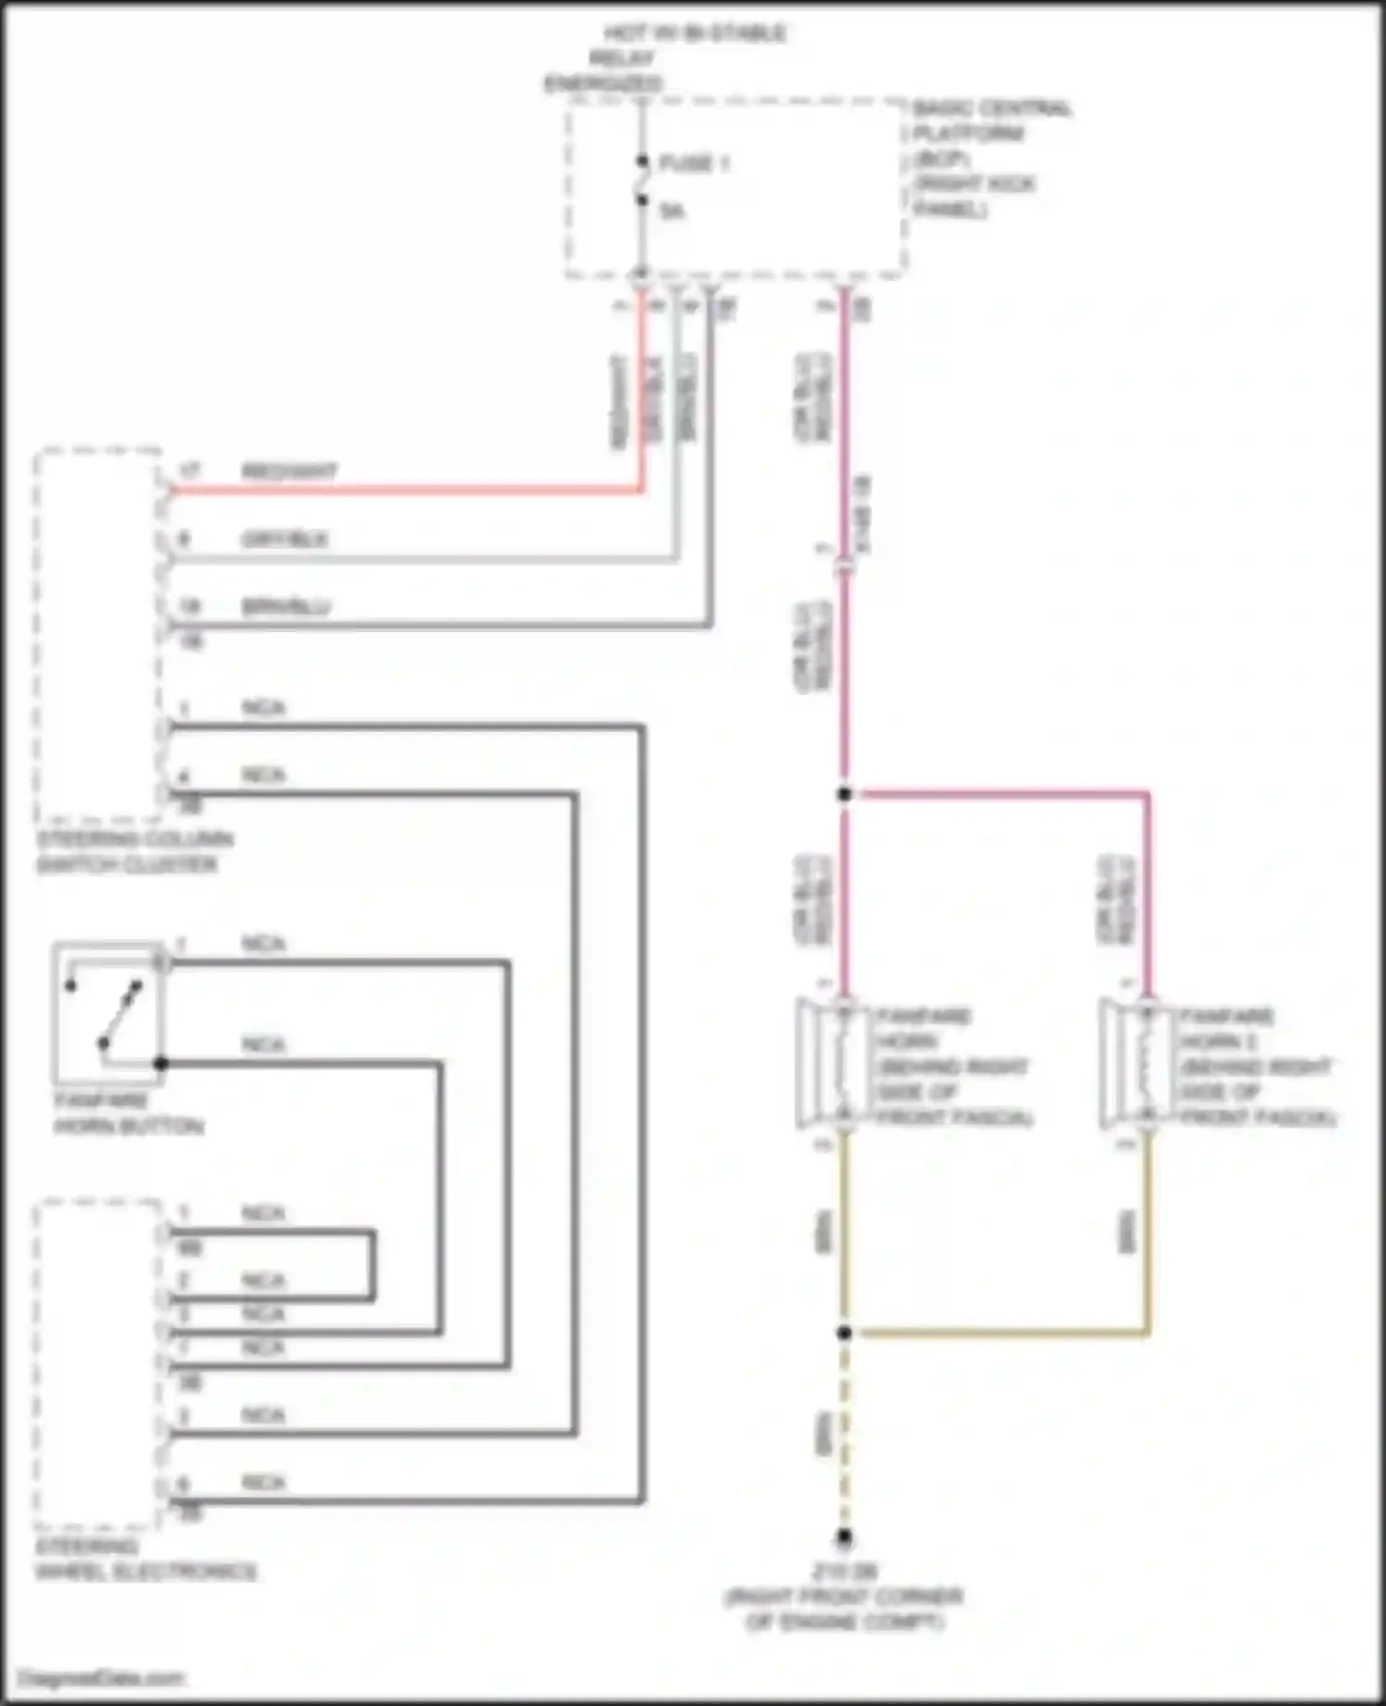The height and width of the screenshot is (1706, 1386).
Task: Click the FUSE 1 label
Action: pyautogui.click(x=694, y=165)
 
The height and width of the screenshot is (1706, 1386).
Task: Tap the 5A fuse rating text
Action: pyautogui.click(x=673, y=212)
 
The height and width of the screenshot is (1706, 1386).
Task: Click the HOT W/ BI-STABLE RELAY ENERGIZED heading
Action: pyautogui.click(x=665, y=58)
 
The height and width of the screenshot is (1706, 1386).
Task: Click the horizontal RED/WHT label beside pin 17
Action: pyautogui.click(x=289, y=471)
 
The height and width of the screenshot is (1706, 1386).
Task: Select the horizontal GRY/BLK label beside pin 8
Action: pyautogui.click(x=285, y=539)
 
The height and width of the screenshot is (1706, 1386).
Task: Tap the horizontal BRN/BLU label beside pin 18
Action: pyautogui.click(x=286, y=607)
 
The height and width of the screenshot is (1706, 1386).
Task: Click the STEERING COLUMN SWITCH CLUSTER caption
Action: pyautogui.click(x=134, y=852)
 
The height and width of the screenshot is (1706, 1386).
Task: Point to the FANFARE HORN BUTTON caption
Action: pyautogui.click(x=128, y=1114)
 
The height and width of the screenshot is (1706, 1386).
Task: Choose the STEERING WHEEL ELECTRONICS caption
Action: pyautogui.click(x=145, y=1559)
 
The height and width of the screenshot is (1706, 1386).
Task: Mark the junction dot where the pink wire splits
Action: pyautogui.click(x=844, y=794)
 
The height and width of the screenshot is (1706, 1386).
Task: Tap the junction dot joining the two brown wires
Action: pyautogui.click(x=844, y=1333)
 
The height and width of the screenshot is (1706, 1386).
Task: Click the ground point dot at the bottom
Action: pyautogui.click(x=844, y=1538)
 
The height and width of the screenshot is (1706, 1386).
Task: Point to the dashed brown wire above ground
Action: pyautogui.click(x=844, y=1432)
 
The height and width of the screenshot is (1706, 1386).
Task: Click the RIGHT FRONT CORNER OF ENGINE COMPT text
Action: pyautogui.click(x=844, y=1609)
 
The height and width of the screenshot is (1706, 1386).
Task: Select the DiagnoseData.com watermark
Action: pyautogui.click(x=102, y=1677)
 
